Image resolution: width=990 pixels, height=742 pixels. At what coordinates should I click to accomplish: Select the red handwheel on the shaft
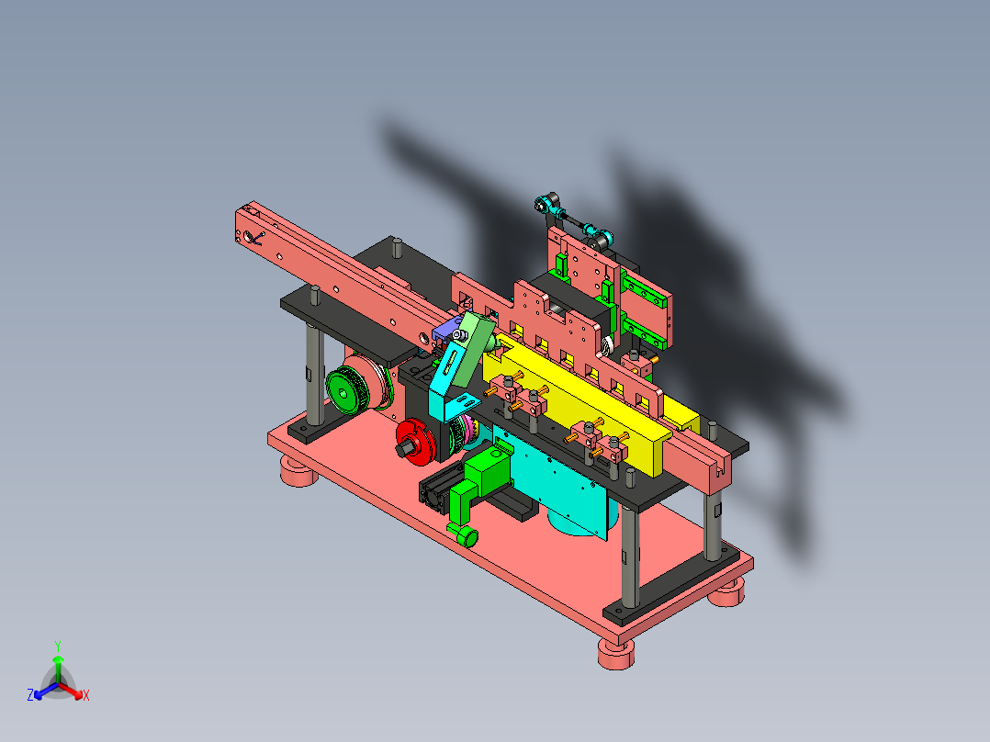[x=417, y=442]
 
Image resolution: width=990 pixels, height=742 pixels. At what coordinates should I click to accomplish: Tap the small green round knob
[x=467, y=537]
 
